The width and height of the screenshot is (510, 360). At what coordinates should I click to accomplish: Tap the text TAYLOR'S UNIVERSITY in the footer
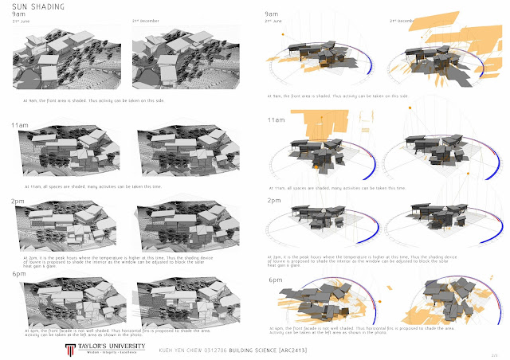click(x=107, y=327)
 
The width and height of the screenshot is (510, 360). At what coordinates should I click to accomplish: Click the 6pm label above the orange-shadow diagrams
click(x=276, y=280)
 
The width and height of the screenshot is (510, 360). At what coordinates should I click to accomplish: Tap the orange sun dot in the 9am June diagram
click(x=281, y=35)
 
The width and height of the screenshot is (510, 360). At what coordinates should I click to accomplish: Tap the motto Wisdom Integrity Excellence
click(x=107, y=335)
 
